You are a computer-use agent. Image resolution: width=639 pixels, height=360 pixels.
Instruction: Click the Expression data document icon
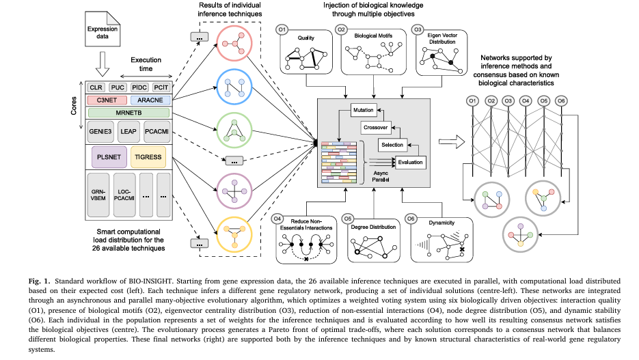100,33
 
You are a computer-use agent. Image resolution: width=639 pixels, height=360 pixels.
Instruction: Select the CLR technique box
97,87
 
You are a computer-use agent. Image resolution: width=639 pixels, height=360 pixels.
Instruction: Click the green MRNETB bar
128,112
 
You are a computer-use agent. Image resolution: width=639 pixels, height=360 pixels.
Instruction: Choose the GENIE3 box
100,130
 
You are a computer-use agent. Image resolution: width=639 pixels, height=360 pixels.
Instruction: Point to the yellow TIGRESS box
148,156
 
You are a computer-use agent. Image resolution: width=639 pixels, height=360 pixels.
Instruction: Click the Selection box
392,145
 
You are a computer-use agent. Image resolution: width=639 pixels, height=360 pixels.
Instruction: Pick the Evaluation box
410,162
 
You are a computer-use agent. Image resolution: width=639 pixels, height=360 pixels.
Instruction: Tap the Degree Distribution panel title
373,227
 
